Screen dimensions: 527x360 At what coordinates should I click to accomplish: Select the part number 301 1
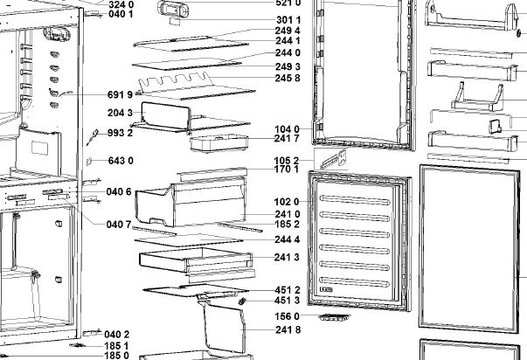point(288,19)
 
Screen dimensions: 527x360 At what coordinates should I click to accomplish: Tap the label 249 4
point(288,31)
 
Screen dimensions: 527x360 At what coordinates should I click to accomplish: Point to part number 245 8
point(288,78)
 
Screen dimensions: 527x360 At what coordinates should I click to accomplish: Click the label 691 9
point(120,94)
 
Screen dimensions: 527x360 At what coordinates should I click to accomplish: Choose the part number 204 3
point(120,113)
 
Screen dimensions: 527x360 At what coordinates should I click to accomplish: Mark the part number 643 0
point(120,160)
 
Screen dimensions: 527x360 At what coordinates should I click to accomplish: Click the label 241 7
point(288,138)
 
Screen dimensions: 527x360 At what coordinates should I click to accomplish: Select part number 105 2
point(288,160)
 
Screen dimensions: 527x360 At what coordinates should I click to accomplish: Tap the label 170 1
point(288,170)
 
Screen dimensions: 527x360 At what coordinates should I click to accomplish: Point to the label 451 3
point(288,301)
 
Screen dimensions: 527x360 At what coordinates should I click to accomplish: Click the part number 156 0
point(288,315)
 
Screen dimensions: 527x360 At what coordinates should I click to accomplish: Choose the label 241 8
point(288,329)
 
